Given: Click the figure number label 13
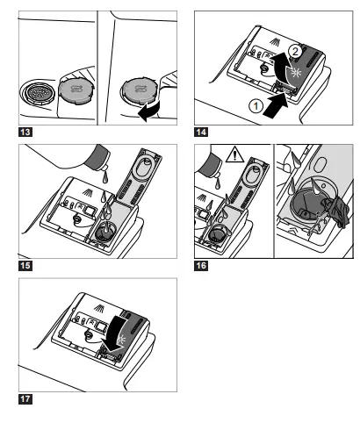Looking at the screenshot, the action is click(x=25, y=132).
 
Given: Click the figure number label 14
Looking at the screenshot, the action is click(x=201, y=132).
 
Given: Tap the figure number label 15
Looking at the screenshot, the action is click(x=25, y=266).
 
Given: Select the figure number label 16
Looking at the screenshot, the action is click(x=201, y=266).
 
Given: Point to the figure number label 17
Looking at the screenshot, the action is click(x=25, y=399).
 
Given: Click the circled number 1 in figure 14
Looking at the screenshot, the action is click(x=256, y=106).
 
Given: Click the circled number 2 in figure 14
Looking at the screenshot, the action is click(x=295, y=52).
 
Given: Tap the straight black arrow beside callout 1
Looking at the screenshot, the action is click(x=276, y=107).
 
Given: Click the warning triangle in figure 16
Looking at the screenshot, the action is click(x=234, y=154).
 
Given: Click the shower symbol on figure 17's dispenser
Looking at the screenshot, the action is click(x=100, y=308).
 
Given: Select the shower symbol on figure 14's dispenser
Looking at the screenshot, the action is click(x=274, y=41).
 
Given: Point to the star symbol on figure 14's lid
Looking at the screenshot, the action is click(x=296, y=72).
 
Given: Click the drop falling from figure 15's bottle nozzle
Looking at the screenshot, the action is click(x=105, y=177).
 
